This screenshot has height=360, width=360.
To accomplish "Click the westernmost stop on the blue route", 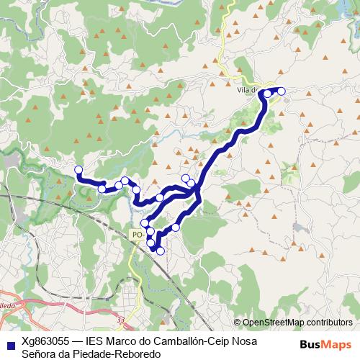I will tap(78, 170).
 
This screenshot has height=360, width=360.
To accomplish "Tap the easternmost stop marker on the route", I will tap(281, 91).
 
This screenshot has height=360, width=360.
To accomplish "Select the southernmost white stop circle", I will tap(160, 251).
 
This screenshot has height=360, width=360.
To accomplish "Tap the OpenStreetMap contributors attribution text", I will tap(297, 322).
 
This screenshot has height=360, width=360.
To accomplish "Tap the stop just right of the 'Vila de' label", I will tap(268, 94).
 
